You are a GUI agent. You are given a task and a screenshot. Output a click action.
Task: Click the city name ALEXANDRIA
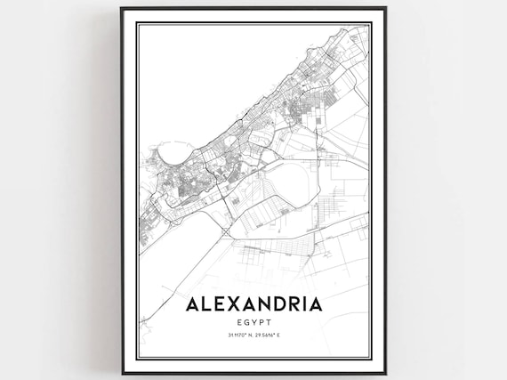point(253,304)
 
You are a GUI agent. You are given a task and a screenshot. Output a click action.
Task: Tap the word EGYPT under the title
point(254,321)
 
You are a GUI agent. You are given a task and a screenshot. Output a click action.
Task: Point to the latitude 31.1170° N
point(235,336)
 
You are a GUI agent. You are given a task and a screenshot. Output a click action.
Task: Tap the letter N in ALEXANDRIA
point(261,304)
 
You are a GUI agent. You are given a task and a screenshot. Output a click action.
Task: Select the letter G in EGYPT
point(246,321)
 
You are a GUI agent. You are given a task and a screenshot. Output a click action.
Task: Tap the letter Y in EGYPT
point(254,321)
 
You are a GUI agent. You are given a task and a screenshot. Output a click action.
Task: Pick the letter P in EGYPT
point(262,321)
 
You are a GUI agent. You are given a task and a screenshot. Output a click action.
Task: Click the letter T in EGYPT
point(270,321)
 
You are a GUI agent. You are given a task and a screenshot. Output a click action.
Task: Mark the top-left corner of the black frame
point(122,8)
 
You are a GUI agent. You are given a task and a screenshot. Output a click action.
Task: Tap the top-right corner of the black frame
point(385,8)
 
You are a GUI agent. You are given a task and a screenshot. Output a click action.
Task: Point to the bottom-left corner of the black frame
point(122,373)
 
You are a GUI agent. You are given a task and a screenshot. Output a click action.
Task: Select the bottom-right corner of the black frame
point(385,373)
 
